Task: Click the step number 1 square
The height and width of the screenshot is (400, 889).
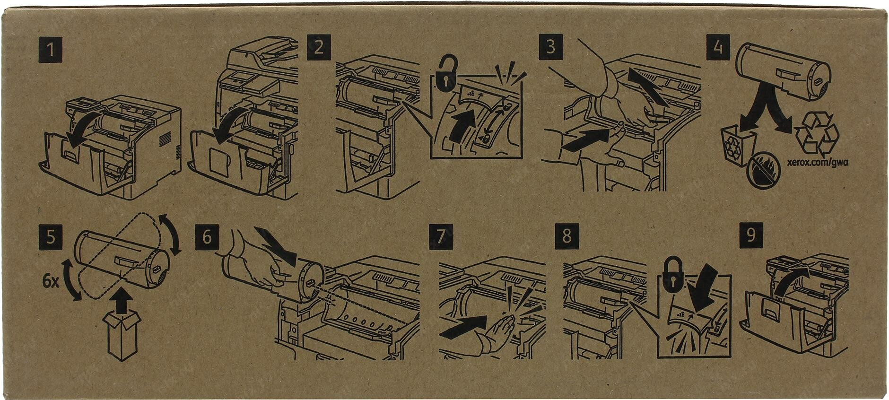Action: coord(50,50)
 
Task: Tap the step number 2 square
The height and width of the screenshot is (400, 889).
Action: coord(319,48)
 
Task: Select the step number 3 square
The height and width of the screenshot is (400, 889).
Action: coord(550,48)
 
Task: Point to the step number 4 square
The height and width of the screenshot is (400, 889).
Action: coord(718,48)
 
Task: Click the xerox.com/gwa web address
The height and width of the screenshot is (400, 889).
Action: coord(817,162)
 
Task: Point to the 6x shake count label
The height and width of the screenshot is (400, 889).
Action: coord(50,282)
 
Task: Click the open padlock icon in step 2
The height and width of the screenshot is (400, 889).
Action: coord(447,73)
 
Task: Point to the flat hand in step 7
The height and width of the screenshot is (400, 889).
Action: coord(496,333)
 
